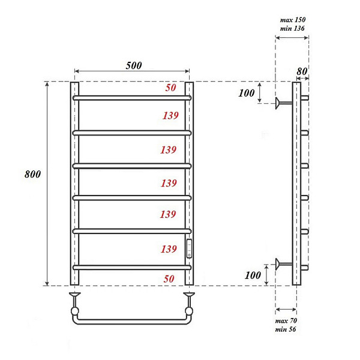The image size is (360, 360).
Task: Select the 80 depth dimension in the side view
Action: pyautogui.click(x=302, y=71)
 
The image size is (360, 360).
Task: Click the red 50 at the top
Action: pyautogui.click(x=170, y=88)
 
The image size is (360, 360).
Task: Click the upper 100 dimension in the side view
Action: pyautogui.click(x=247, y=93)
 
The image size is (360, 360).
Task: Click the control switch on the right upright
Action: pyautogui.click(x=190, y=248)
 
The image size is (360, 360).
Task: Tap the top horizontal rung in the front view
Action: pyautogui.click(x=131, y=97)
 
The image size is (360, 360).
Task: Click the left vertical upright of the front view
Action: pyautogui.click(x=74, y=180)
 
